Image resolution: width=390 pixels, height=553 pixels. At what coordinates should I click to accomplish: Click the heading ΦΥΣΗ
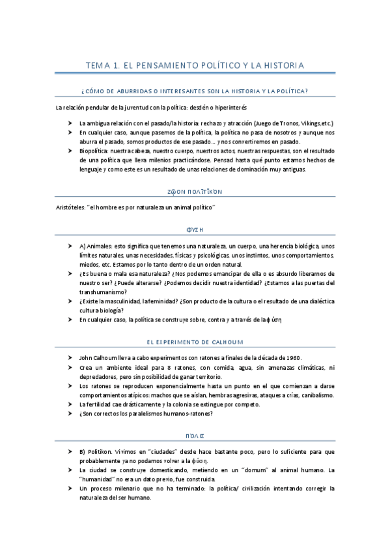click(195, 230)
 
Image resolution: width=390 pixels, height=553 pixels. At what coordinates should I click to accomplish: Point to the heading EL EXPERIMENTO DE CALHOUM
click(195, 341)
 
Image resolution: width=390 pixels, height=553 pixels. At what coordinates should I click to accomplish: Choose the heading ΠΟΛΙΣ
click(195, 435)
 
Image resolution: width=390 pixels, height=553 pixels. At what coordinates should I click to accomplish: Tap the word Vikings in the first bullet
click(305, 123)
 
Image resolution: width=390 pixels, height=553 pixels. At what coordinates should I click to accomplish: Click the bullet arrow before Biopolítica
click(70, 151)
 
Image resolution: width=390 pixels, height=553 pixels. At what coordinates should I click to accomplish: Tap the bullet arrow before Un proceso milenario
click(70, 488)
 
